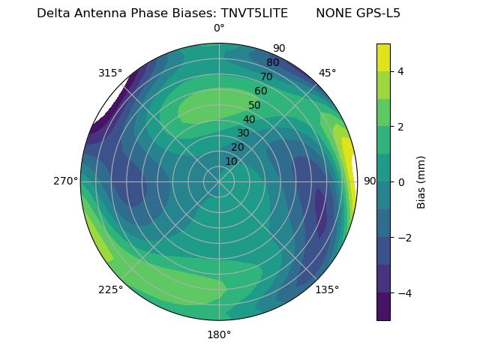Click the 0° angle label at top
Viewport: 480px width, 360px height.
click(x=219, y=28)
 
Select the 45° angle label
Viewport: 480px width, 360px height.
click(x=327, y=73)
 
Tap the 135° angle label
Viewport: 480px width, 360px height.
click(x=327, y=289)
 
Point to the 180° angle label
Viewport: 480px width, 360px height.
click(x=219, y=334)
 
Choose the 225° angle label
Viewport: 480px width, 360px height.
click(x=110, y=289)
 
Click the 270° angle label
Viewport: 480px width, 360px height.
click(x=65, y=181)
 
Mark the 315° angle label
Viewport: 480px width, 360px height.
click(x=110, y=73)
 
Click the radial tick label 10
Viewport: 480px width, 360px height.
click(x=231, y=161)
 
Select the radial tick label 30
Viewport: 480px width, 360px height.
click(x=243, y=133)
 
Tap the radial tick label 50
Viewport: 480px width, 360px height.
click(x=255, y=106)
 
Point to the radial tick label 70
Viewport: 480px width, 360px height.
click(x=267, y=76)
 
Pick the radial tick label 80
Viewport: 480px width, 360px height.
click(x=273, y=62)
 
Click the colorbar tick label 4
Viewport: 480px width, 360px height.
click(x=401, y=71)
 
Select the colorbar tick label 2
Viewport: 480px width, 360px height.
click(x=401, y=127)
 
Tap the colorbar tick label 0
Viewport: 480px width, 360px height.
click(x=401, y=181)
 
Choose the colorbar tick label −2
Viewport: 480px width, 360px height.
click(x=404, y=237)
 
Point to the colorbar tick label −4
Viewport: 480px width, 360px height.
click(x=404, y=292)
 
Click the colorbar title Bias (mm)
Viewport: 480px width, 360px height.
click(x=421, y=181)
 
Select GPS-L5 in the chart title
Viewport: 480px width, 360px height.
click(x=378, y=13)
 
